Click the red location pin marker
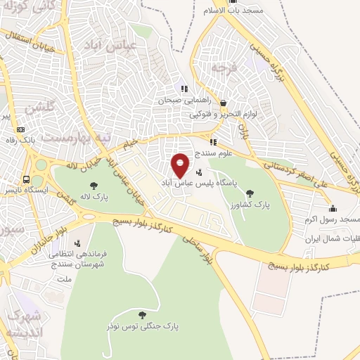tap(181, 165)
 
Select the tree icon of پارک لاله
tap(94, 186)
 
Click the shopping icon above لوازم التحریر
tap(223, 102)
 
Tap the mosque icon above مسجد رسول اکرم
tap(332, 208)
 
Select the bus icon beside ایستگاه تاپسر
tap(26, 179)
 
